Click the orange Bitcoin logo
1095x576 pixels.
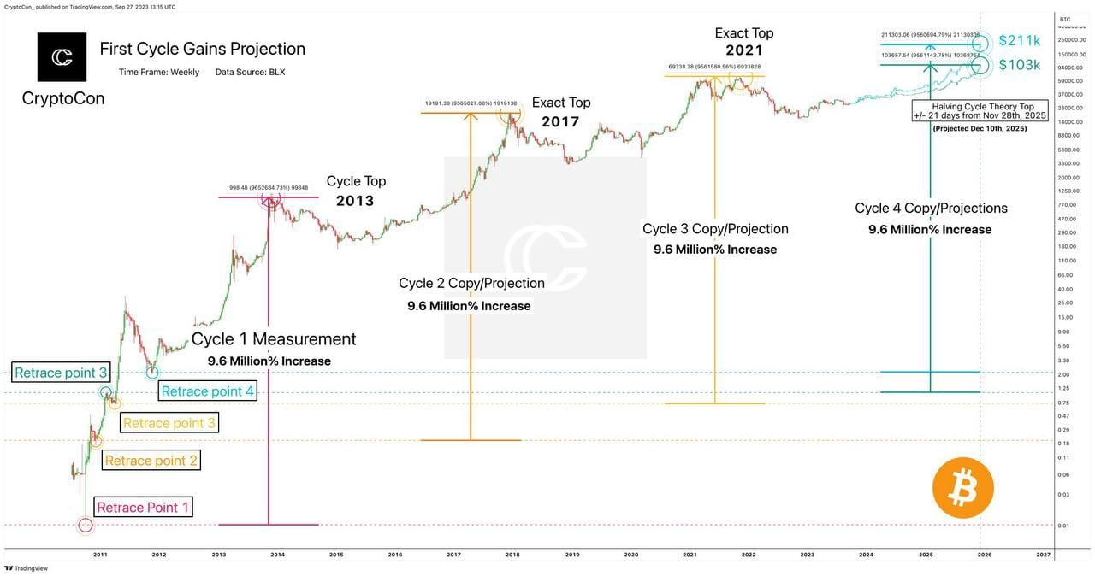pyautogui.click(x=963, y=488)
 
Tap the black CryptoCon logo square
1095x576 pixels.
pyautogui.click(x=62, y=57)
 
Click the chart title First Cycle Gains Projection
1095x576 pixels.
pyautogui.click(x=202, y=49)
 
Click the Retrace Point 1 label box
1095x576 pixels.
pyautogui.click(x=143, y=508)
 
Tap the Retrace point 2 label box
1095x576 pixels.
pyautogui.click(x=151, y=461)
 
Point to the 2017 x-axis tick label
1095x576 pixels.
pyautogui.click(x=453, y=555)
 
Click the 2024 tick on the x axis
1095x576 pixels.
pyautogui.click(x=867, y=555)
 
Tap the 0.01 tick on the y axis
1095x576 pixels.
pyautogui.click(x=1064, y=526)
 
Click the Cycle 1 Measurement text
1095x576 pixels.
pyautogui.click(x=273, y=339)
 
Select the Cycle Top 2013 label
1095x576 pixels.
pyautogui.click(x=356, y=190)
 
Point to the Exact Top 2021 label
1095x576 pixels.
pyautogui.click(x=744, y=41)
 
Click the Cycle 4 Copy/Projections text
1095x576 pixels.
pyautogui.click(x=931, y=209)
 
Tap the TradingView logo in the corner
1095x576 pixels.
pyautogui.click(x=27, y=567)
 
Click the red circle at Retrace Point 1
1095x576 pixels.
pyautogui.click(x=85, y=525)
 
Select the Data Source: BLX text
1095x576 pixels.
pyautogui.click(x=250, y=72)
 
